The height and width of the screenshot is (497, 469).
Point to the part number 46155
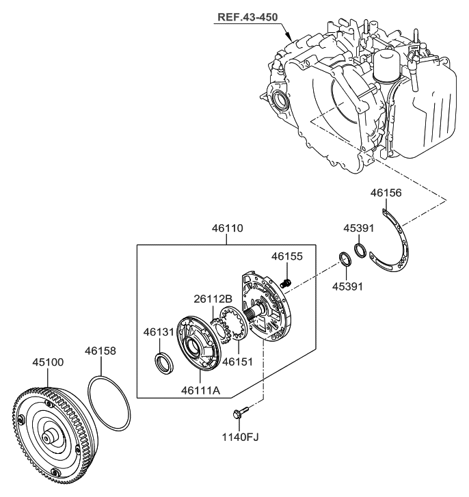[286, 257]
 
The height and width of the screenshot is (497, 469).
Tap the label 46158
[101, 351]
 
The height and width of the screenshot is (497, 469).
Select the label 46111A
[200, 390]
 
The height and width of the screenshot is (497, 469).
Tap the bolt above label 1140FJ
[241, 414]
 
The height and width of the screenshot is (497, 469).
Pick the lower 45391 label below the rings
[346, 286]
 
